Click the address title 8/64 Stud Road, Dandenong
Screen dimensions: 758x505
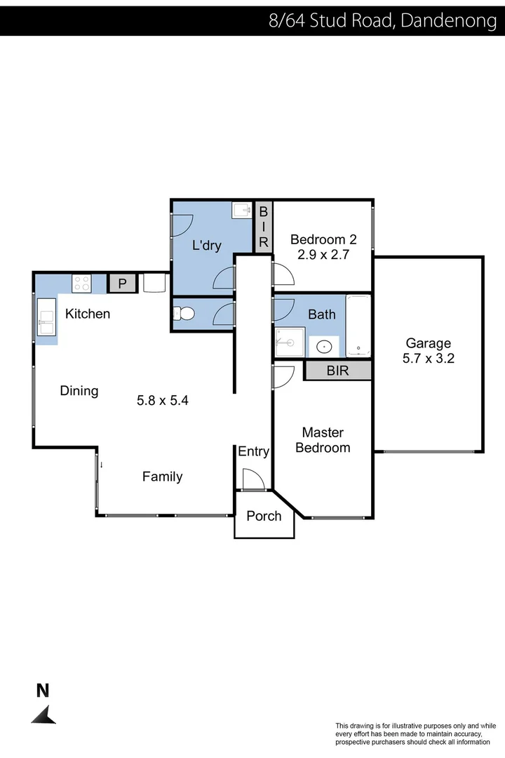click(383, 20)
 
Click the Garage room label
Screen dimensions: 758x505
click(428, 343)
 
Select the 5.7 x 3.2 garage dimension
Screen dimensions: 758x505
click(428, 359)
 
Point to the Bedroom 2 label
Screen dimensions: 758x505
click(323, 239)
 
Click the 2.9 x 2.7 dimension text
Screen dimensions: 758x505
click(323, 255)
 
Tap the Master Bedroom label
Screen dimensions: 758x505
click(323, 440)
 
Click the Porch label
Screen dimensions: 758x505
click(264, 516)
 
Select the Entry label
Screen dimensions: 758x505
click(253, 451)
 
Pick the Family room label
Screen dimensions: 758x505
click(162, 477)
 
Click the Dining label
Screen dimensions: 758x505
click(79, 391)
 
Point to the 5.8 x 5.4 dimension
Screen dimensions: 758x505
click(163, 401)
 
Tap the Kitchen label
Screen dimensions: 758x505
click(88, 314)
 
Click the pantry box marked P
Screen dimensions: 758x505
click(122, 284)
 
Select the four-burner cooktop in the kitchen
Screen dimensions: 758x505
click(81, 283)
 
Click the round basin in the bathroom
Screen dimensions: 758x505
click(325, 346)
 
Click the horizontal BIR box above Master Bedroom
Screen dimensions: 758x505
click(337, 371)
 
